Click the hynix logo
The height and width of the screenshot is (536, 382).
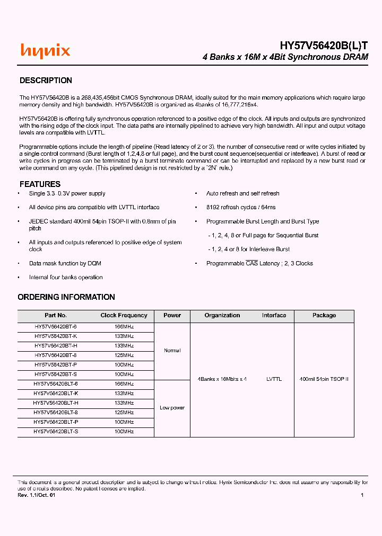(x=45, y=51)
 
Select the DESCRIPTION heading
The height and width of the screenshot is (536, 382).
(x=46, y=81)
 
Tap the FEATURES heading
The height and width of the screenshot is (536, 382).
(x=40, y=184)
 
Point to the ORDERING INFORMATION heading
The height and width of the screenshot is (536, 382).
(x=66, y=297)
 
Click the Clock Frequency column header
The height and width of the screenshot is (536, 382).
(x=124, y=315)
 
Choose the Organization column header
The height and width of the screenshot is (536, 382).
(x=222, y=315)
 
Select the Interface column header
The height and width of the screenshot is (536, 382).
(x=274, y=315)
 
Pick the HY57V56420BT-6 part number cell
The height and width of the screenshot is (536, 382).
(x=56, y=327)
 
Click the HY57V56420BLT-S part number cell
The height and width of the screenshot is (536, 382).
(x=56, y=432)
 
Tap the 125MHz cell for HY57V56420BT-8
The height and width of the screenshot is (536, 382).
(x=124, y=355)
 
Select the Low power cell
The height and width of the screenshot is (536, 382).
(x=172, y=408)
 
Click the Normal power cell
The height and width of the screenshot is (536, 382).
(x=172, y=351)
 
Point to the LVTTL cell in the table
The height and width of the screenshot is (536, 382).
(x=274, y=379)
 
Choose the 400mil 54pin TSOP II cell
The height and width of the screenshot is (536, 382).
(x=324, y=379)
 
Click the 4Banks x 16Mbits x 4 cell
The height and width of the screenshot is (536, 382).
(x=222, y=379)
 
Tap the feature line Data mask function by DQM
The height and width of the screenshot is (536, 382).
(x=65, y=263)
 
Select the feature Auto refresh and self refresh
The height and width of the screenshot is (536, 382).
(x=242, y=193)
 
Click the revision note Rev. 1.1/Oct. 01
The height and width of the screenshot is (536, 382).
(x=36, y=495)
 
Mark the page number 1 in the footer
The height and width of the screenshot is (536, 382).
(x=362, y=495)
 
